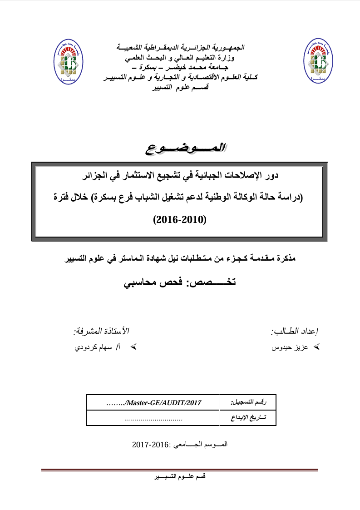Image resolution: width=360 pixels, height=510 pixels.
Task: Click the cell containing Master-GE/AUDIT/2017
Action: click(x=153, y=402)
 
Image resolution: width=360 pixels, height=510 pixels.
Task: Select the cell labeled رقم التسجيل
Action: click(x=248, y=402)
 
